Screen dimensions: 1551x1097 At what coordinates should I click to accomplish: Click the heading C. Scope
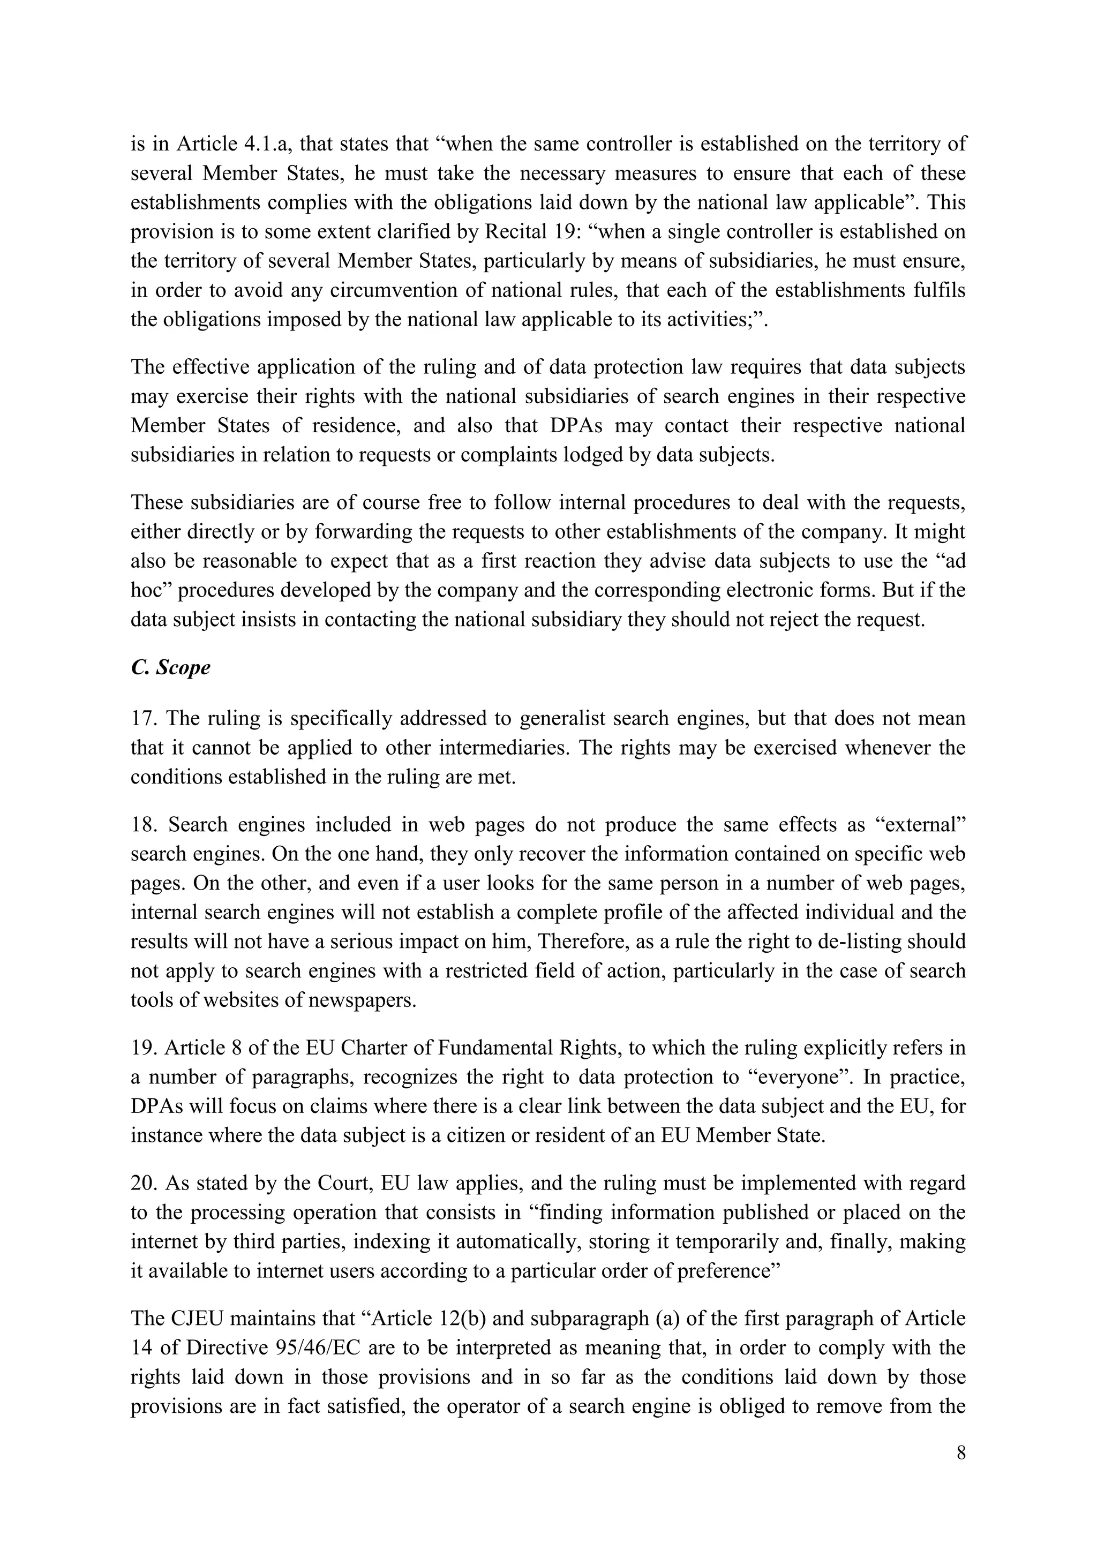coord(170,667)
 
